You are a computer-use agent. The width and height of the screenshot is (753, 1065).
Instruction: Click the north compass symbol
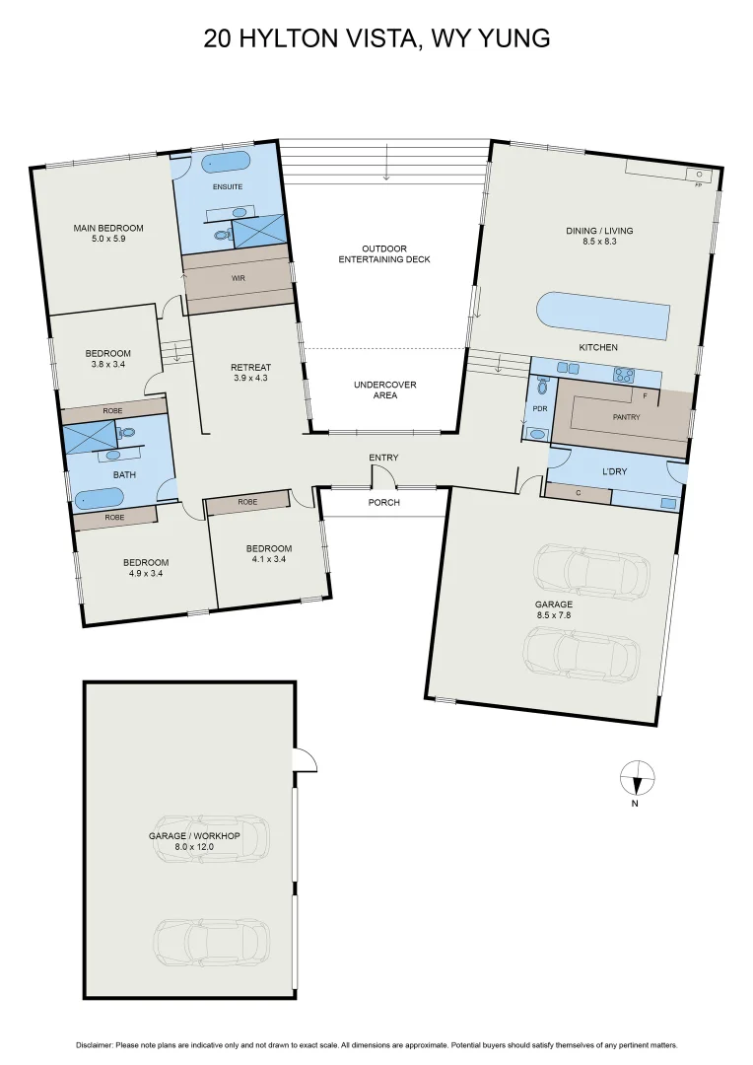[638, 778]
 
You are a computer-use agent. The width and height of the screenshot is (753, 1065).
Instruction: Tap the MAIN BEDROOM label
[108, 228]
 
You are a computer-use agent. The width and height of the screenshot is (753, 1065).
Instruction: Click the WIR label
[238, 279]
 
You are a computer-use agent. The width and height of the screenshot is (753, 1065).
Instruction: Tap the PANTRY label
[626, 417]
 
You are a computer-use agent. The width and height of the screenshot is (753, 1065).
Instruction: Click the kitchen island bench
[602, 316]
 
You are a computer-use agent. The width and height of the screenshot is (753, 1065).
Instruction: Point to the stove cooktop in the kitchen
[624, 373]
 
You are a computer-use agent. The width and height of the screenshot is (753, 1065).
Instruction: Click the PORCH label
[384, 502]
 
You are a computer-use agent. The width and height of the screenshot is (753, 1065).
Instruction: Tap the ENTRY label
[383, 458]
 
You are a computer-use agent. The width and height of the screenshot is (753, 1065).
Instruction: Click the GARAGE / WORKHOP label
[194, 835]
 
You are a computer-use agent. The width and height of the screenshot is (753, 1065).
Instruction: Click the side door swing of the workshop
[304, 760]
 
